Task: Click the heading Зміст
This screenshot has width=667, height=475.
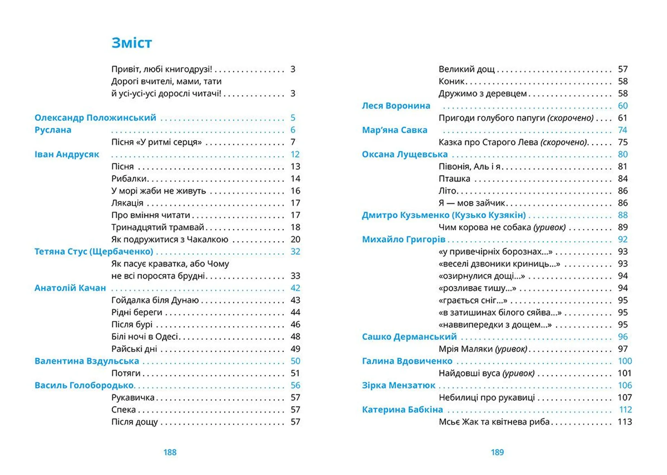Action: pos(132,43)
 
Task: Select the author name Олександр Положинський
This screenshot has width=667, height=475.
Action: pos(95,118)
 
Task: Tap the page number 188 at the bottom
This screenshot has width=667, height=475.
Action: pos(170,452)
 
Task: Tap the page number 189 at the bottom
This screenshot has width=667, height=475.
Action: pos(497,452)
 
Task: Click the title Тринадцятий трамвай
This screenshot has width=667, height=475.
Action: pos(157,227)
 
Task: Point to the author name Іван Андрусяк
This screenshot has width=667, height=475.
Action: pos(67,154)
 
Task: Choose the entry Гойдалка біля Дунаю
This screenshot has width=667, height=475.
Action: pos(155,300)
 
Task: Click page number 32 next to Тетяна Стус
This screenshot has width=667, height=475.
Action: pos(295,251)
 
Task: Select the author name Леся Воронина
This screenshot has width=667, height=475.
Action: pos(396,106)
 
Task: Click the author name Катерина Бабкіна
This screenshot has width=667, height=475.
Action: pos(402,409)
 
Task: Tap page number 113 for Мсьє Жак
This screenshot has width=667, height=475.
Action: pos(625,422)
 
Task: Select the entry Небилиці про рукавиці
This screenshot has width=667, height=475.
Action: pos(487,397)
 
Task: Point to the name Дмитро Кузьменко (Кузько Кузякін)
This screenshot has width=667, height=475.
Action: pos(444,215)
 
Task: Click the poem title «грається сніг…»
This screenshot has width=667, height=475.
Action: pos(473,300)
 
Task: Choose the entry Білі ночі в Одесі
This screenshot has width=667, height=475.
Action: pos(145,336)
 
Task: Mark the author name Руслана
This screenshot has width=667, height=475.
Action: pos(53,130)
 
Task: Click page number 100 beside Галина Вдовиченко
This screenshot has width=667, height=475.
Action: pos(625,361)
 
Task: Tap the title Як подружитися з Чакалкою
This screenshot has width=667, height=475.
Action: pos(170,239)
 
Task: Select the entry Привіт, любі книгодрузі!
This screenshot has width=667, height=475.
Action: pos(162,69)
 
